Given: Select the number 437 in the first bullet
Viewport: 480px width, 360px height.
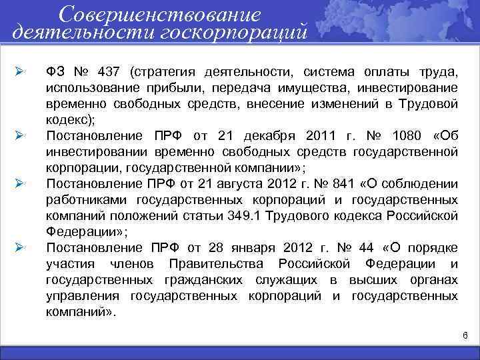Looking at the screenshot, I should pos(110,71).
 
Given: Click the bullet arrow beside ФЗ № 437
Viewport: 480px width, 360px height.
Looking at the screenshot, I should pos(20,71).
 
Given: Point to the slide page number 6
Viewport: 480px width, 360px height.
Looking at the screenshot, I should pos(465,333).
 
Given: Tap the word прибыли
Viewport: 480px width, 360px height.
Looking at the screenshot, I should pos(165,88).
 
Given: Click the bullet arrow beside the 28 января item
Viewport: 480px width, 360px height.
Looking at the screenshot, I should pos(20,248).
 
